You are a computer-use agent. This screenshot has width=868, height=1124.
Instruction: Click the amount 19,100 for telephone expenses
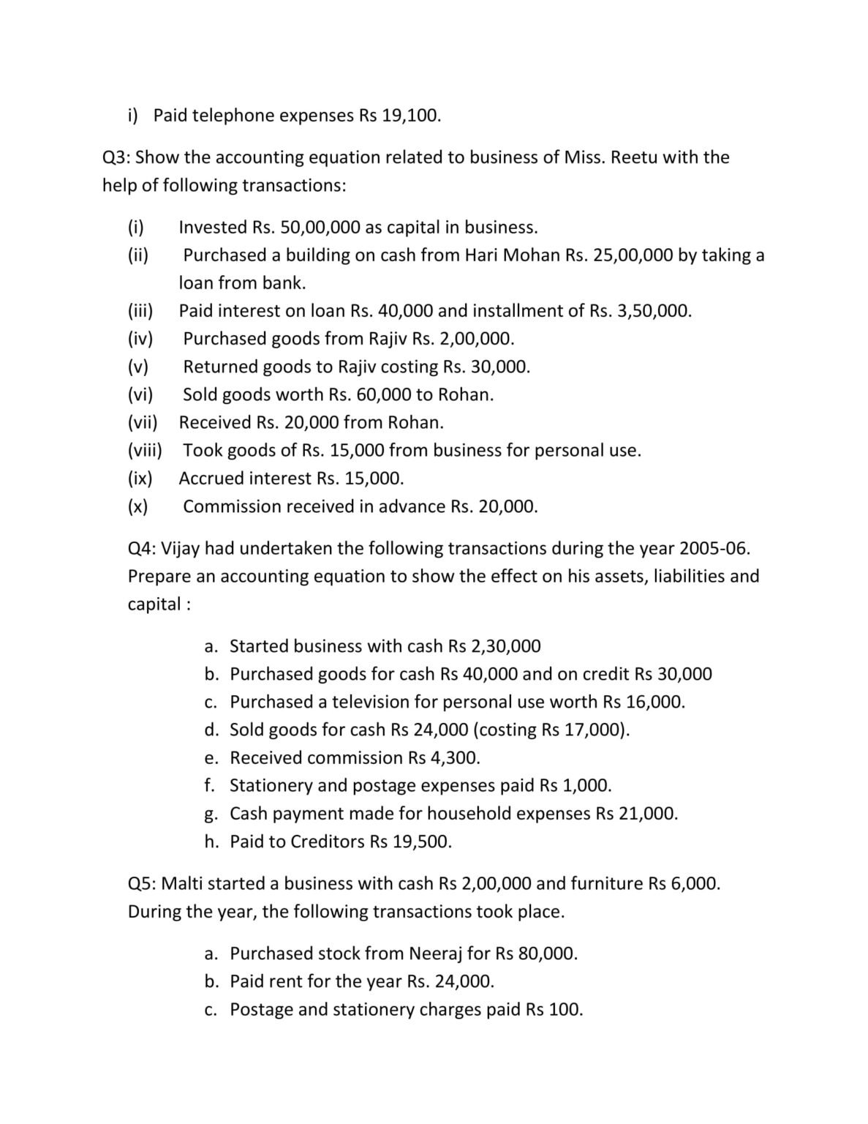(x=410, y=116)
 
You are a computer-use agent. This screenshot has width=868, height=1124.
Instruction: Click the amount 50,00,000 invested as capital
(x=320, y=227)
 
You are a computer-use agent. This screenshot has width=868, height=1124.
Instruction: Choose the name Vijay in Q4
(x=179, y=549)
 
